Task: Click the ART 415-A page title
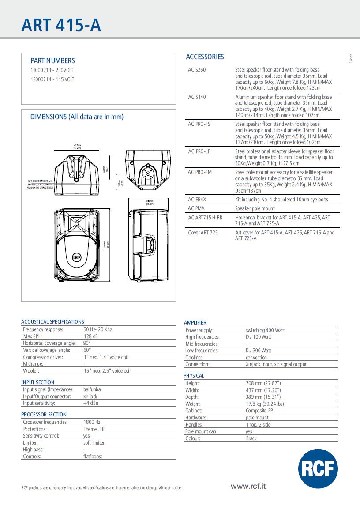[x=61, y=25]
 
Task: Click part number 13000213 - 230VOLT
[x=52, y=70]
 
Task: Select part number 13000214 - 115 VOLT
[x=52, y=79]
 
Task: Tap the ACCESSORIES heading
[x=205, y=57]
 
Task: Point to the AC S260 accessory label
[x=197, y=70]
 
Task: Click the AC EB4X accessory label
[x=197, y=200]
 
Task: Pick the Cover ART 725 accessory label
[x=203, y=233]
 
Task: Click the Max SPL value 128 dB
[x=90, y=336]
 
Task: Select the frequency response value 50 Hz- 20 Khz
[x=97, y=329]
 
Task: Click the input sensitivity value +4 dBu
[x=90, y=403]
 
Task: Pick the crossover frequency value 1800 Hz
[x=92, y=422]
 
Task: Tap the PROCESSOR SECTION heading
[x=44, y=415]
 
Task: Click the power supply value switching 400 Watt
[x=265, y=330]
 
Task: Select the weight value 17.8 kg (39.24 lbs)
[x=265, y=404]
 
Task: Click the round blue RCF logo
[x=318, y=468]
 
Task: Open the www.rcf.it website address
[x=248, y=486]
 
